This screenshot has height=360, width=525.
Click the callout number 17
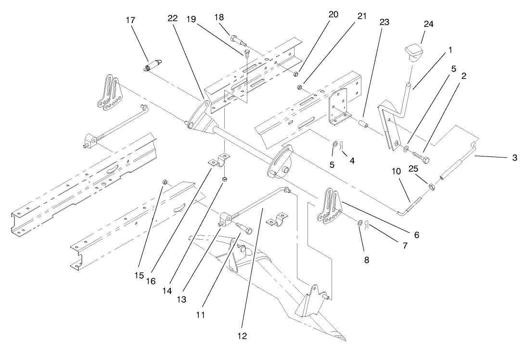130,20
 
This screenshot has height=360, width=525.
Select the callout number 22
173,19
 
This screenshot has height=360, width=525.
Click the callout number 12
242,335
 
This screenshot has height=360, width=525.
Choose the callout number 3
515,157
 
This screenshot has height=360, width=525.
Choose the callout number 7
405,245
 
